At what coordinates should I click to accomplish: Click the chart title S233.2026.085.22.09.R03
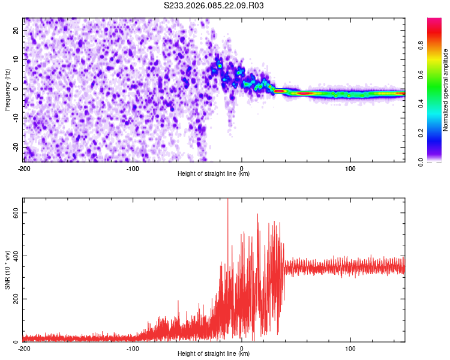pos(214,6)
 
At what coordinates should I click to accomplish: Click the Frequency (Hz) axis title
pos(7,89)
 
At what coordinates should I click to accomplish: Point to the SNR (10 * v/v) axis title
pos(7,269)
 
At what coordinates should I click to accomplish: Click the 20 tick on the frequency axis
pos(17,30)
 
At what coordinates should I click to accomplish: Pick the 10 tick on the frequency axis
pos(17,59)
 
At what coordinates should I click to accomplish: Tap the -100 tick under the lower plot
pos(133,349)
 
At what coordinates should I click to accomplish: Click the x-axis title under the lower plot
pos(214,354)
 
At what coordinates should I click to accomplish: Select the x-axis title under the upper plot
pos(214,174)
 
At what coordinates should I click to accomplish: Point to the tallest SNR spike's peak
pos(227,200)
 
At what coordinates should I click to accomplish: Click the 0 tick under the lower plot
pos(242,349)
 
